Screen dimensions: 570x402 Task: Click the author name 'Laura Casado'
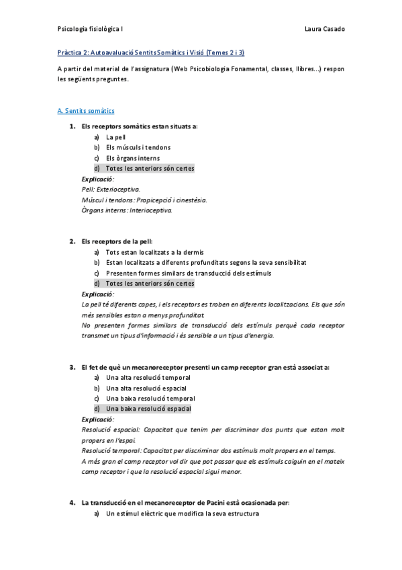324,30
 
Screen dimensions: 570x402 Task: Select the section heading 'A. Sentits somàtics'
86,110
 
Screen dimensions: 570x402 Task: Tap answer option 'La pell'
115,136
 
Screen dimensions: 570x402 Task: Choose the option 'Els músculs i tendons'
138,147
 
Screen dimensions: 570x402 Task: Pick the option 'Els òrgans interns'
133,158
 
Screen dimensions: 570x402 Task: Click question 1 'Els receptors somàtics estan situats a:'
140,126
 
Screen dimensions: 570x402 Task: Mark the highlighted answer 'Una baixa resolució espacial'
148,409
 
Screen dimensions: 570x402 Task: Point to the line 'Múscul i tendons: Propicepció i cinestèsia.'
144,200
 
